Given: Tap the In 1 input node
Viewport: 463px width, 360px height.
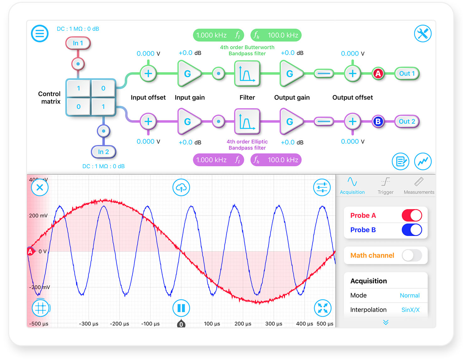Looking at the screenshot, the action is (x=78, y=43).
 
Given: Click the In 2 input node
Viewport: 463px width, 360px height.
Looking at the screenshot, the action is (x=103, y=152).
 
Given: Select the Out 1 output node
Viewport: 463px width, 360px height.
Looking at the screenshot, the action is (x=407, y=73).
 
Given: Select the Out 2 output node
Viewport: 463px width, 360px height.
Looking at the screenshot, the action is (x=407, y=121).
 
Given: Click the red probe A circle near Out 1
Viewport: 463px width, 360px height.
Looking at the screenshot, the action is (x=378, y=73).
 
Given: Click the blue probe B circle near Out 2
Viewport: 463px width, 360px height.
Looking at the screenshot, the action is (x=378, y=121).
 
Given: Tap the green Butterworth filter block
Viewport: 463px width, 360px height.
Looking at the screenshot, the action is (x=247, y=73).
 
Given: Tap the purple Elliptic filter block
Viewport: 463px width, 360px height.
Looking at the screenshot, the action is (x=247, y=121).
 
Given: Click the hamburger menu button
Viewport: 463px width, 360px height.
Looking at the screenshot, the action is (x=40, y=34).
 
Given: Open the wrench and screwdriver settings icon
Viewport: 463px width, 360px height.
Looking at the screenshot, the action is (x=423, y=34).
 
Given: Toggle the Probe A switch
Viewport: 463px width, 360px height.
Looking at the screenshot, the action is (x=412, y=215).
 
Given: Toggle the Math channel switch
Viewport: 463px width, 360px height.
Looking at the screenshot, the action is (x=412, y=255).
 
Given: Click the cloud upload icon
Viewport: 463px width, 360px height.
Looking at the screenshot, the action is (x=181, y=188).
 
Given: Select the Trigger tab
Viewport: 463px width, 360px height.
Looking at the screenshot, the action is (x=385, y=185).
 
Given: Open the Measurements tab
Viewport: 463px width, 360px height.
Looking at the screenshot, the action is (x=419, y=185).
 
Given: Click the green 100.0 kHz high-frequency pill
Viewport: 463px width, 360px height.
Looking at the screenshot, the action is (x=276, y=35).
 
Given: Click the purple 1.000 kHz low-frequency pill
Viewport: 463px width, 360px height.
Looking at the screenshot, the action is (x=218, y=160).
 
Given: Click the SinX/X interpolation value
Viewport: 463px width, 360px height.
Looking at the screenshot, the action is (x=410, y=310).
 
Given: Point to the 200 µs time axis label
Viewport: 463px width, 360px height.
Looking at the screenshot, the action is (x=243, y=324).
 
